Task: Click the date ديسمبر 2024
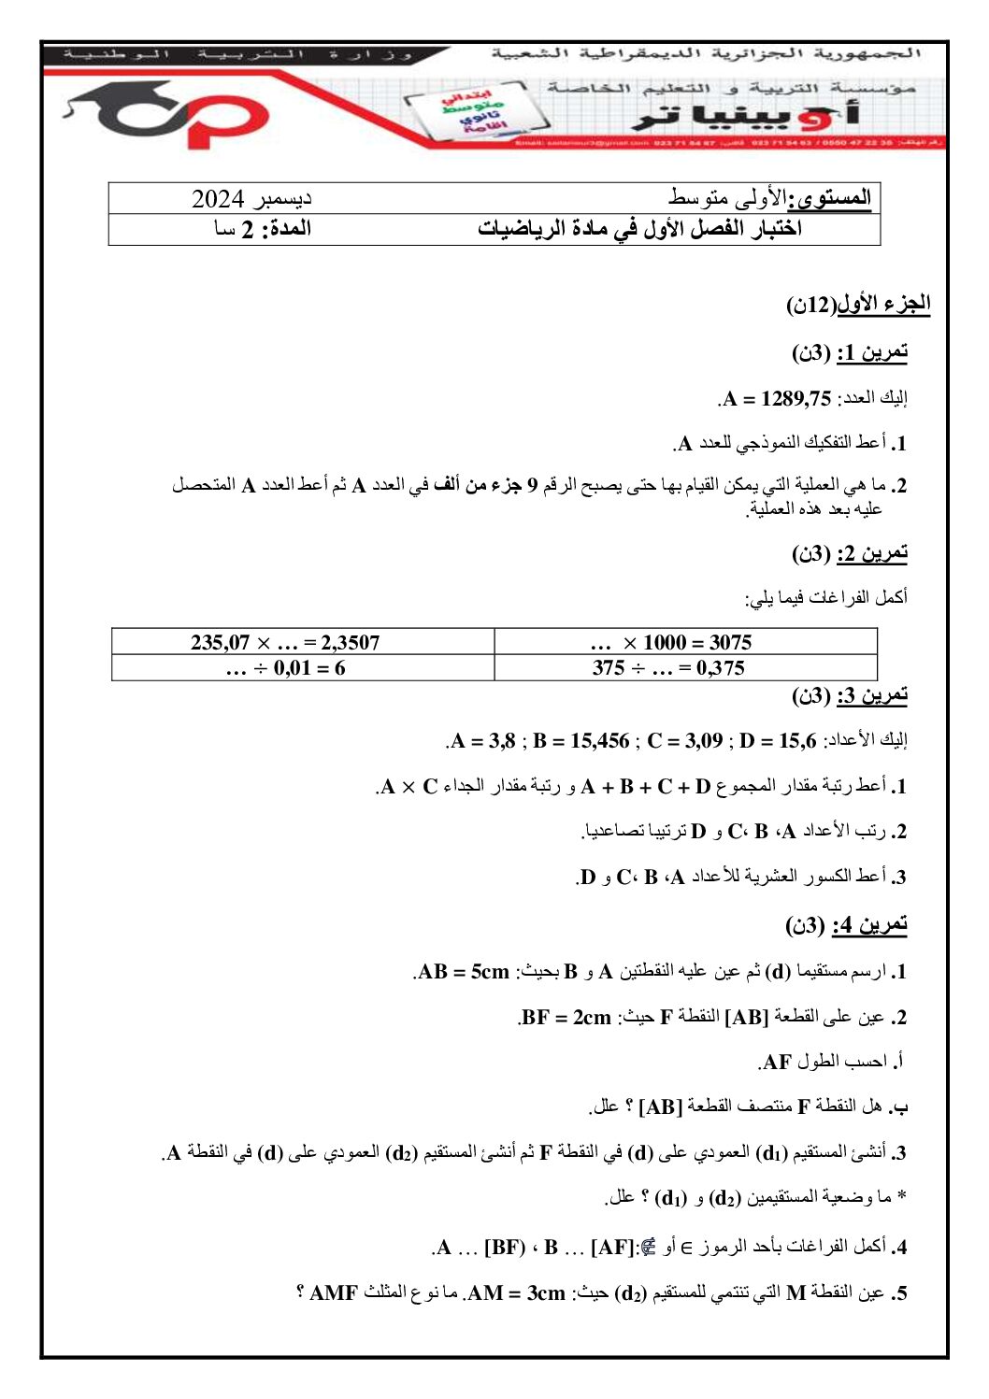[x=251, y=198]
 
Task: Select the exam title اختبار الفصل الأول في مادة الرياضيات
[x=639, y=229]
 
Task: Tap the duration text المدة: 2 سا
[x=263, y=229]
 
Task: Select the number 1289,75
[x=795, y=399]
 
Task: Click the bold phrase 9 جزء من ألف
[x=487, y=485]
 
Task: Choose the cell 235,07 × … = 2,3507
[x=285, y=642]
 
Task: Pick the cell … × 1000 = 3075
[x=670, y=642]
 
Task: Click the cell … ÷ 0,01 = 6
[x=285, y=668]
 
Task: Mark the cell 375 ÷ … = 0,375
[x=668, y=668]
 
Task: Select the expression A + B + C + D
[x=646, y=787]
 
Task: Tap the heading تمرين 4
[x=869, y=925]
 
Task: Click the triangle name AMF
[x=334, y=1293]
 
